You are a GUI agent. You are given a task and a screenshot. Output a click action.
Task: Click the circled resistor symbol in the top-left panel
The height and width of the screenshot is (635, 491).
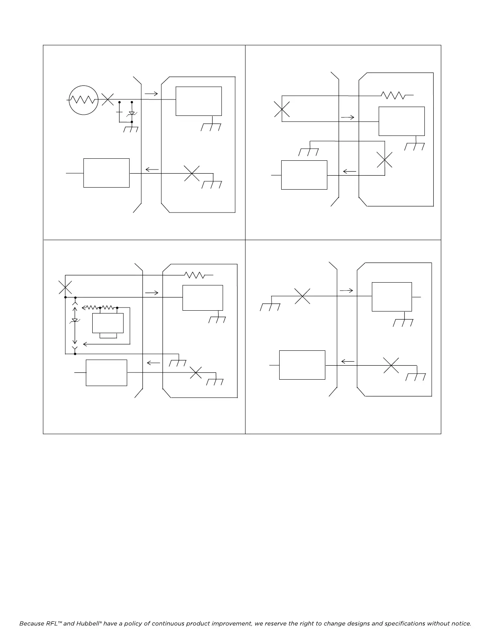(83, 100)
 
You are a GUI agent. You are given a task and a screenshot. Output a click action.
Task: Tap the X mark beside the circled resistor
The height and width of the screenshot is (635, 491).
(108, 99)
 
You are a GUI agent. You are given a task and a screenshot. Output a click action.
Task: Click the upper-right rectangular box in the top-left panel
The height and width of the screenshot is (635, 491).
(199, 101)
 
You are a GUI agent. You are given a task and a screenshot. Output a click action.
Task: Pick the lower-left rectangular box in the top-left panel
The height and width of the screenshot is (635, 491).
(106, 173)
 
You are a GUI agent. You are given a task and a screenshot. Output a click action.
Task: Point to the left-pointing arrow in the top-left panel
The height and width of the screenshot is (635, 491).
(152, 170)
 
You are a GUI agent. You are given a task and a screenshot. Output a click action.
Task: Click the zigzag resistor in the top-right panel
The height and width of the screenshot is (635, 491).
(393, 95)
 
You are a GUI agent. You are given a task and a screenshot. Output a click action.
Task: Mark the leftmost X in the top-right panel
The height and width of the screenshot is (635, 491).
(282, 109)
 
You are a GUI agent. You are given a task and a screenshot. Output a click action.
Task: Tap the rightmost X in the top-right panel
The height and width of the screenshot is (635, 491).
(385, 160)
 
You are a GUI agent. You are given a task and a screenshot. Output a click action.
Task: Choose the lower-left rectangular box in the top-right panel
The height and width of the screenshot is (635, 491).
(304, 175)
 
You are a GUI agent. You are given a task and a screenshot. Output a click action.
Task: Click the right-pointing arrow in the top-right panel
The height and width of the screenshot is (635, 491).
(347, 117)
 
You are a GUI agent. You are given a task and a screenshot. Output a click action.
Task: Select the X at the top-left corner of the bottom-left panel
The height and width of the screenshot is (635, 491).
(65, 287)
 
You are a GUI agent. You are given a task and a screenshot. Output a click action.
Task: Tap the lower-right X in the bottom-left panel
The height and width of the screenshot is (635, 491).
(196, 372)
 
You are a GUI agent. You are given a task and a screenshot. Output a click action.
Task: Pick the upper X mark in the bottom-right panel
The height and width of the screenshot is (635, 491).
(302, 296)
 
